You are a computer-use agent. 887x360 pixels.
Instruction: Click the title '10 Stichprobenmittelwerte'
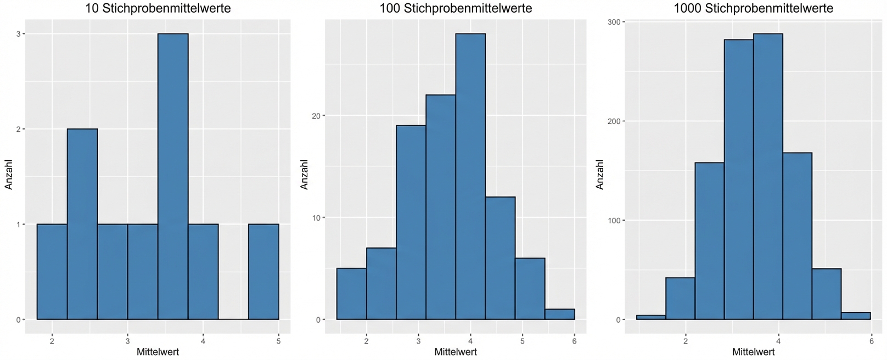[x=158, y=8]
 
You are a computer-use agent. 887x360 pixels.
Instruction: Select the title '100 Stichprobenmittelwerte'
[x=456, y=8]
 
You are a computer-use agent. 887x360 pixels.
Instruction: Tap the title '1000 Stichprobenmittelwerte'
[x=754, y=8]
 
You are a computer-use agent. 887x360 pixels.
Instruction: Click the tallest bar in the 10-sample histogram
[x=173, y=176]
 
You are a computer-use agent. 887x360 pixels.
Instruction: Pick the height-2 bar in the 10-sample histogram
[x=82, y=224]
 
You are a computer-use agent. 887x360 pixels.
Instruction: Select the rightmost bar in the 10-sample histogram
[x=263, y=272]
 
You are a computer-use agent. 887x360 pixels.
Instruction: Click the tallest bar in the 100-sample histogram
[x=470, y=176]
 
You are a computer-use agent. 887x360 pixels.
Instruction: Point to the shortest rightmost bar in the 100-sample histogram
[x=559, y=314]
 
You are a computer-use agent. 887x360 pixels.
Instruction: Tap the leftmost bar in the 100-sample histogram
[x=351, y=294]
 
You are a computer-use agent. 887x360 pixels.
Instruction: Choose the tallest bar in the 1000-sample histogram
[x=768, y=176]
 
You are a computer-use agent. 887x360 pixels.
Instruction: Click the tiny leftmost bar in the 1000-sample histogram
[x=651, y=317]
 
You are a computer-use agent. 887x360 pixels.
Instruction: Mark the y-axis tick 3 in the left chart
[x=18, y=34]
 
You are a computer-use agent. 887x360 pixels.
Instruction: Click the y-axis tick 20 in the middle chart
[x=315, y=116]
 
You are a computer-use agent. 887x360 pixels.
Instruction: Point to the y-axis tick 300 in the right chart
[x=614, y=22]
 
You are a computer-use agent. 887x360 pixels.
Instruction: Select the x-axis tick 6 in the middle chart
[x=574, y=341]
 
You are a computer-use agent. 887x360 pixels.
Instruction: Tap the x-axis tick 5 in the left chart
[x=278, y=341]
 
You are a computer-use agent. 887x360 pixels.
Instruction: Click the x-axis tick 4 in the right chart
[x=778, y=341]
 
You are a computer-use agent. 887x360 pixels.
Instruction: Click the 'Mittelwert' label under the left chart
[x=158, y=352]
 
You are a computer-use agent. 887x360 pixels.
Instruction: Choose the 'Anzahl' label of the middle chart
[x=304, y=175]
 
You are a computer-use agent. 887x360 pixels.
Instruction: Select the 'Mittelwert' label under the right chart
[x=754, y=352]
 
